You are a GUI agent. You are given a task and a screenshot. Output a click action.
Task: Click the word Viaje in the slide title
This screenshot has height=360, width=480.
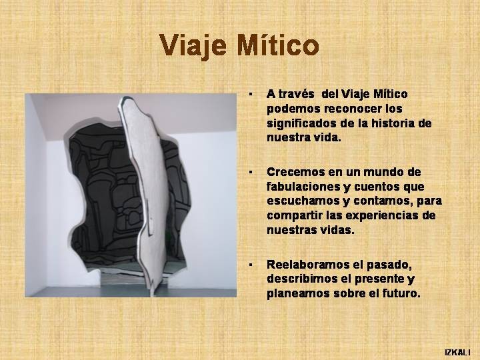click(x=193, y=45)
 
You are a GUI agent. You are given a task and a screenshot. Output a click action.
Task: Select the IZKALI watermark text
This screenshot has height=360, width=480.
click(x=457, y=352)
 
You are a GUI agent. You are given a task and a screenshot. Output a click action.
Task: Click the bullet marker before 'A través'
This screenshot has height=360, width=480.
click(x=251, y=94)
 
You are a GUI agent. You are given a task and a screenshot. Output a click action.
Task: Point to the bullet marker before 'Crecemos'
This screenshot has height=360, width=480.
click(x=251, y=173)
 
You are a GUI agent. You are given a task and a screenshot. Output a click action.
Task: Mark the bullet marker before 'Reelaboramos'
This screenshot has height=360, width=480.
click(x=251, y=265)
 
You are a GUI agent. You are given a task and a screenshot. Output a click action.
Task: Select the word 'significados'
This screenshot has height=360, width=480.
click(x=301, y=124)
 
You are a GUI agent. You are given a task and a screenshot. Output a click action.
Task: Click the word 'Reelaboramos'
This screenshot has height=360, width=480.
click(x=307, y=265)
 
